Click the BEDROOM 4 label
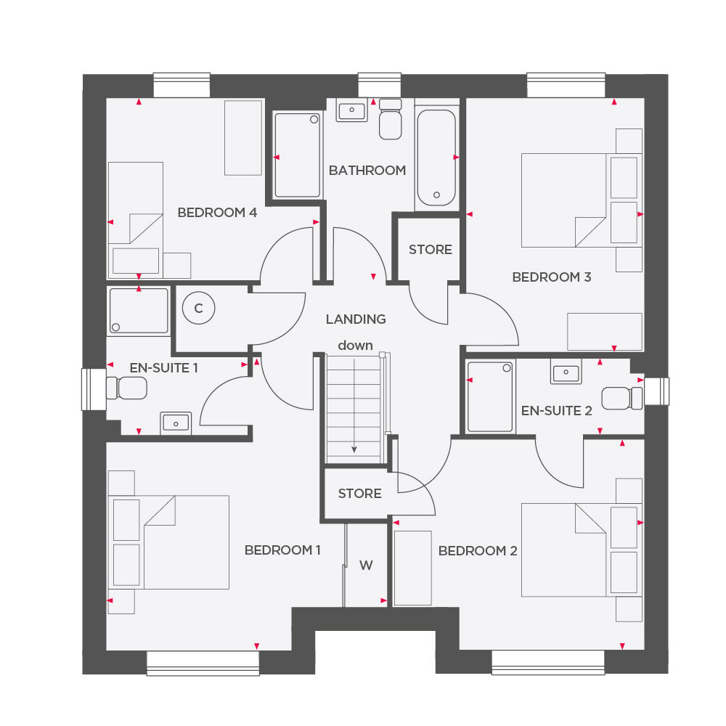point(217,213)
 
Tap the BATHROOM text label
point(367,171)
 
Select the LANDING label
point(356,319)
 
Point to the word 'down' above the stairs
point(355,346)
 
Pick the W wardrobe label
point(366,566)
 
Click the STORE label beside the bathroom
point(430,250)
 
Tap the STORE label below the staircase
point(359,494)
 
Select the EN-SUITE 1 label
point(164,368)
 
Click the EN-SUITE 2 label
point(557,411)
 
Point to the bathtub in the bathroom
point(436,158)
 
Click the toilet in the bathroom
point(391,120)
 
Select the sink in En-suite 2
point(566,373)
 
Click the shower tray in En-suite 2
point(490,396)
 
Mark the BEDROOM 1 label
point(282,550)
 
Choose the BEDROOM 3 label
point(552,277)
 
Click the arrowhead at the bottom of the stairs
point(354,449)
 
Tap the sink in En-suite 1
point(176,423)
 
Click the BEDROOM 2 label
point(478,551)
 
